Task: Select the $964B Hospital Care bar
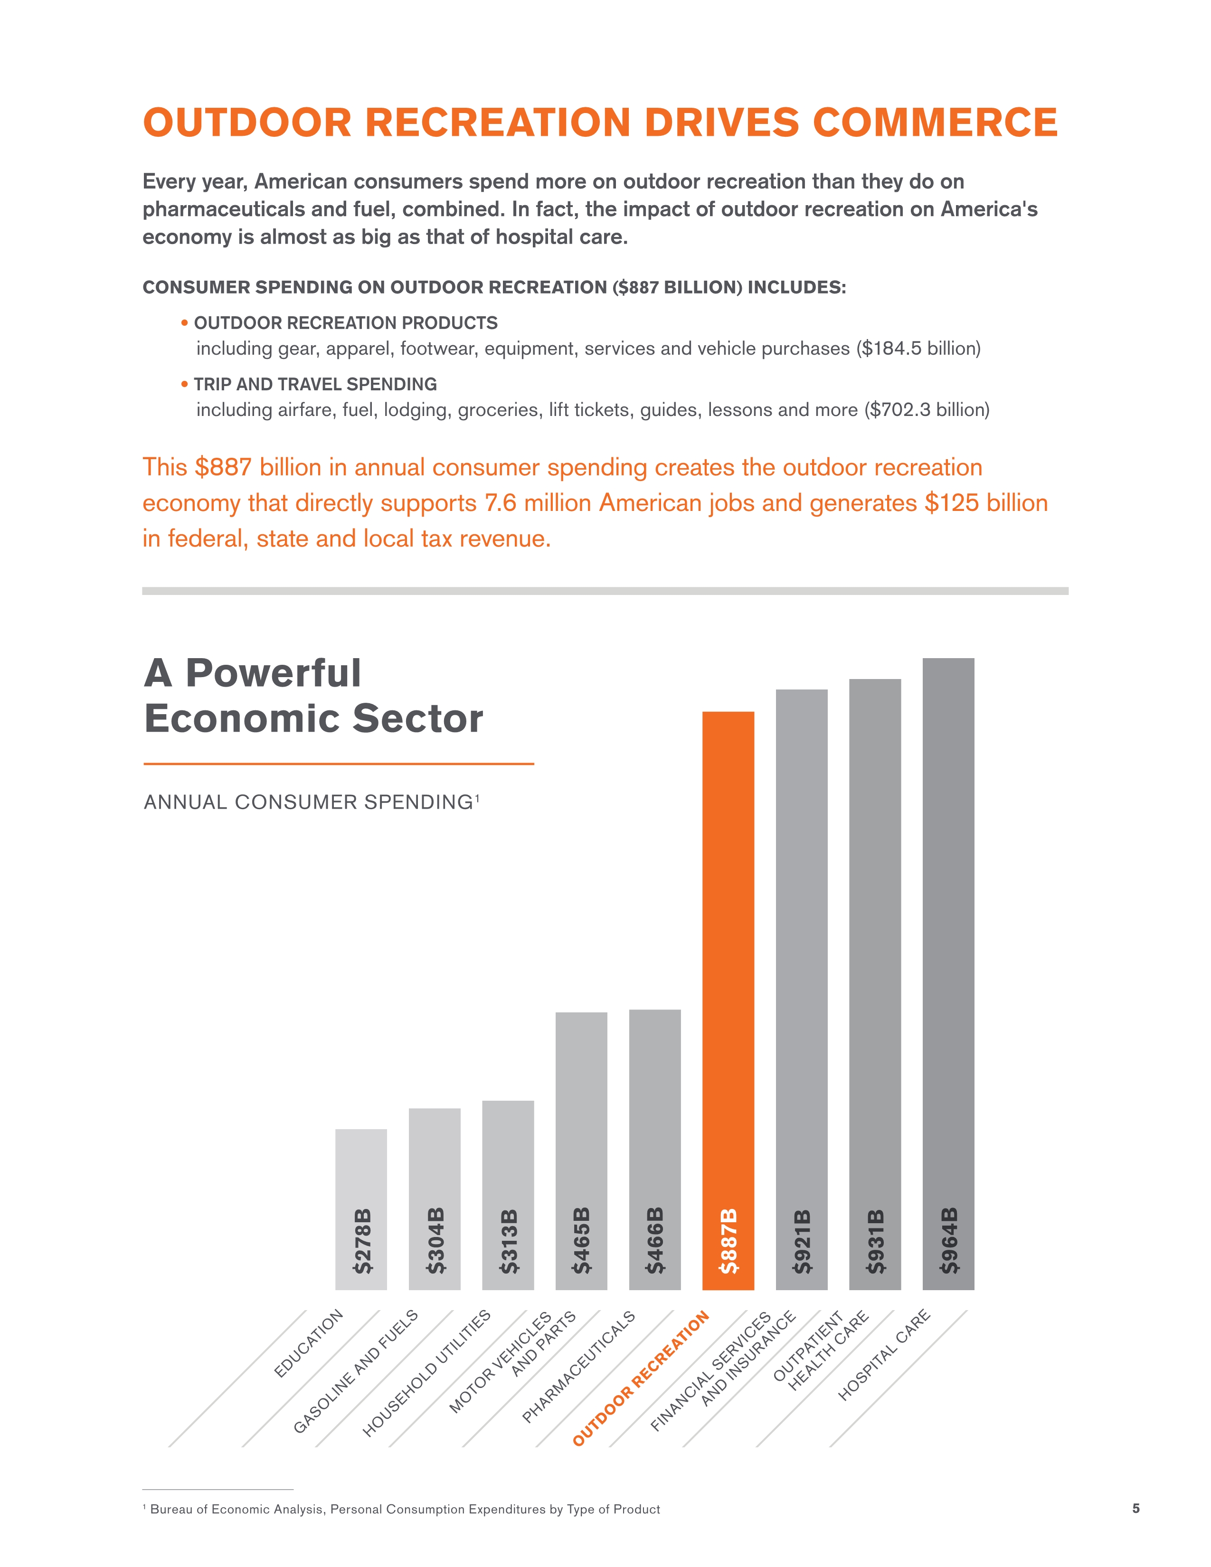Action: click(x=948, y=933)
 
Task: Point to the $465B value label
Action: click(x=581, y=1240)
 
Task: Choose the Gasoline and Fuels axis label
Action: click(x=356, y=1371)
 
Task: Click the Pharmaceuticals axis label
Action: click(x=578, y=1367)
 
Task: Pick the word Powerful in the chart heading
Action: click(x=274, y=673)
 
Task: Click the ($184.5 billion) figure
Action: click(x=918, y=349)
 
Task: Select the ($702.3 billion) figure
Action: click(x=927, y=410)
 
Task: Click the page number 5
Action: click(x=1135, y=1508)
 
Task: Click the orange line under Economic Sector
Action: click(x=339, y=764)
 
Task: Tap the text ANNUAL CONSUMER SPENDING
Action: click(x=309, y=802)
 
